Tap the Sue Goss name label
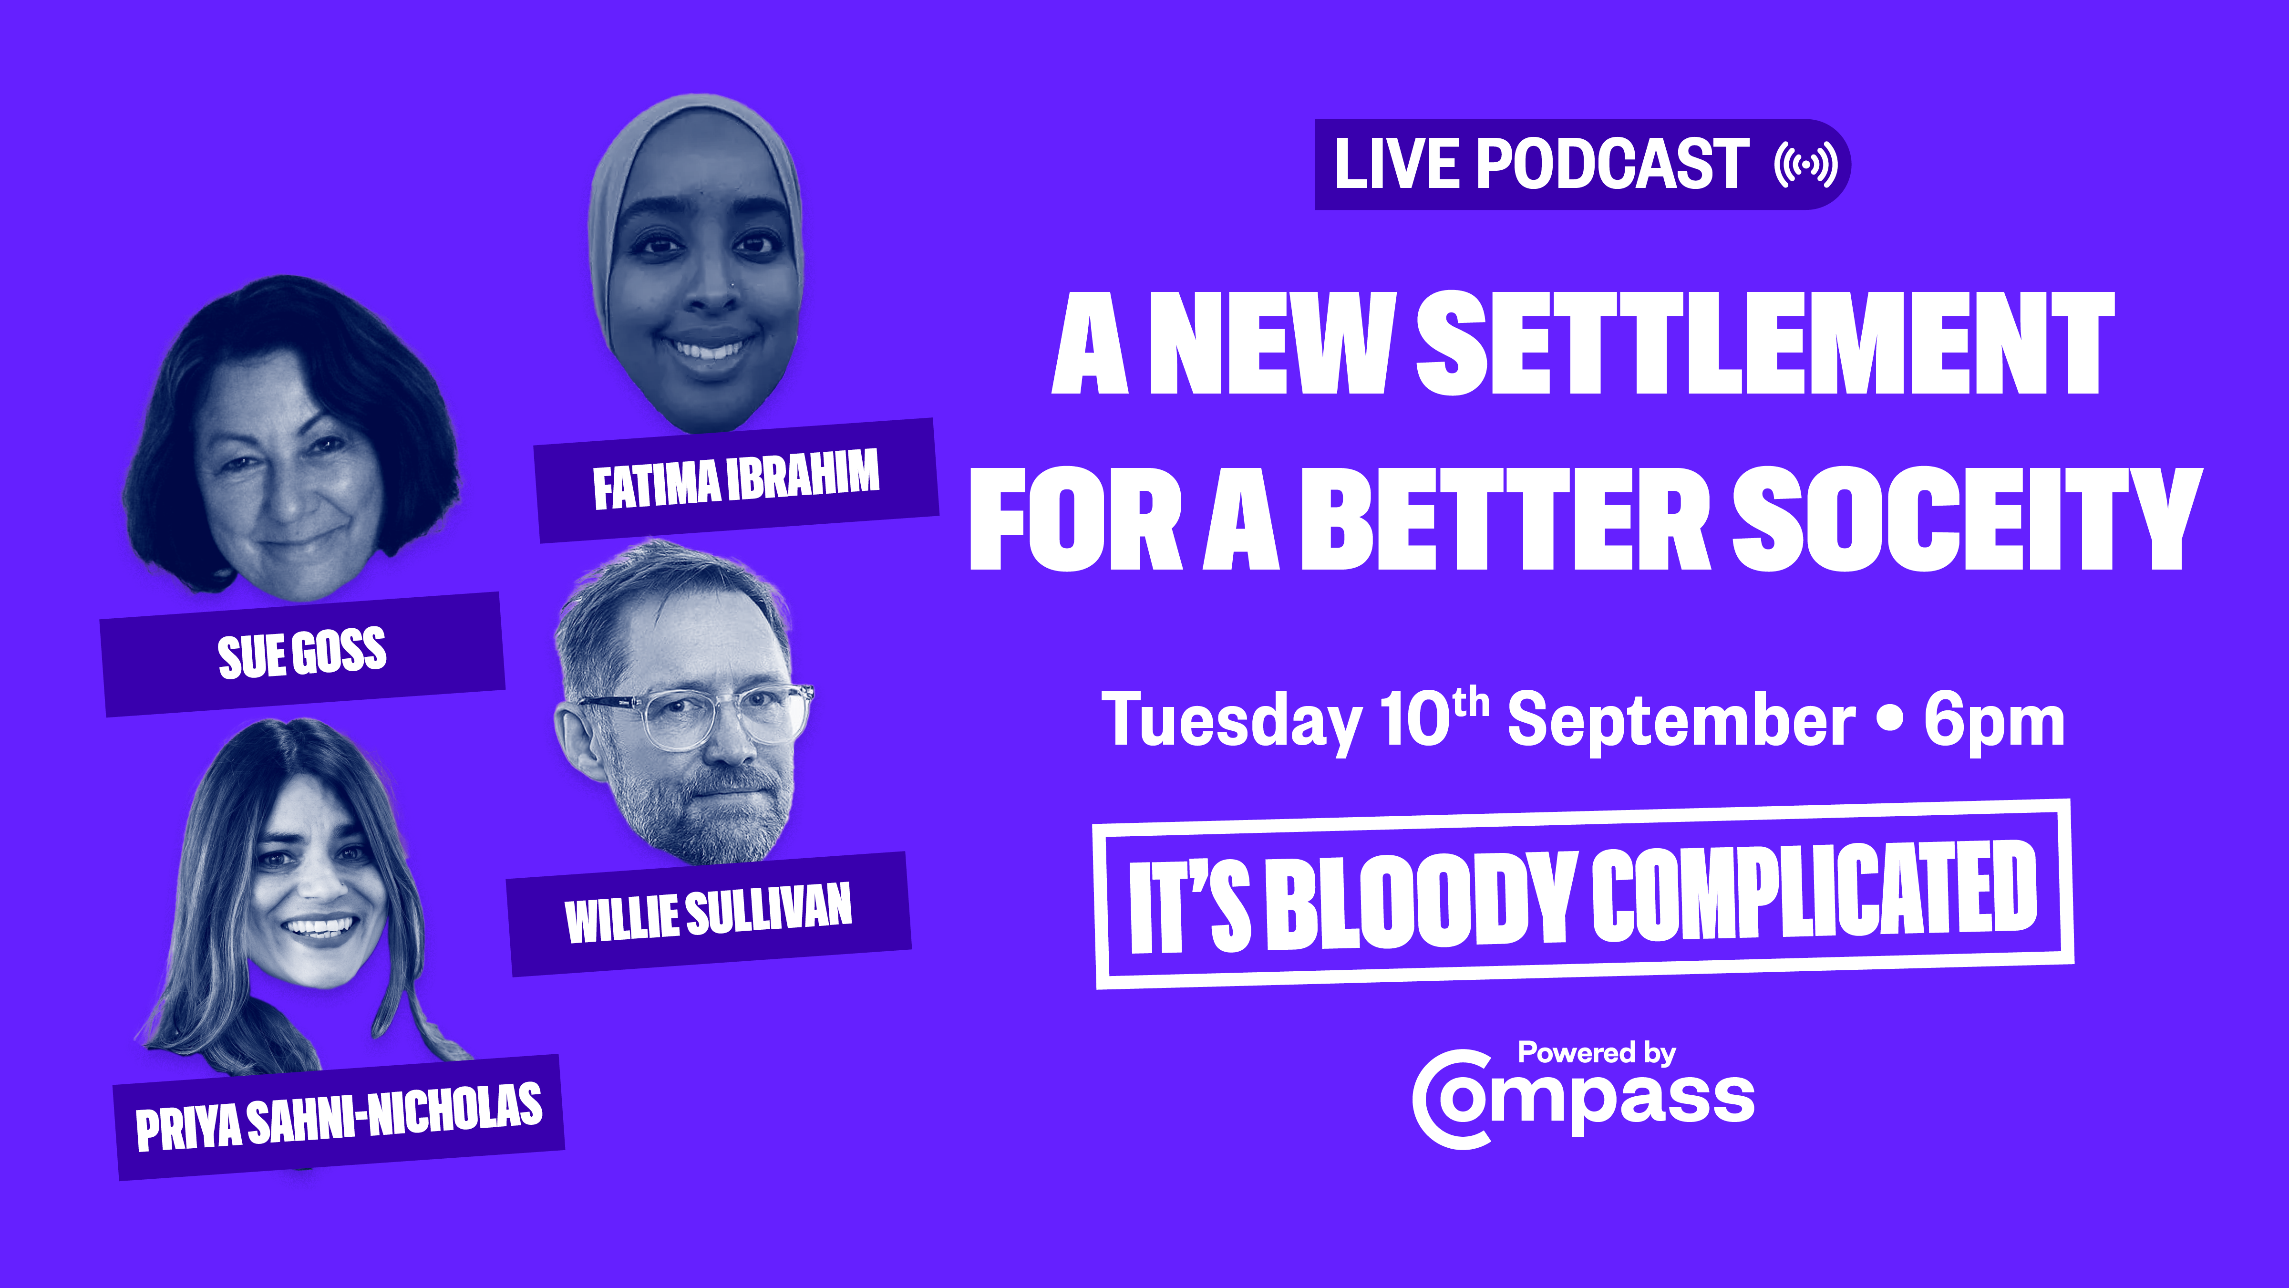tap(302, 654)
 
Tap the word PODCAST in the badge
tap(1613, 165)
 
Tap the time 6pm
tap(1994, 724)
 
